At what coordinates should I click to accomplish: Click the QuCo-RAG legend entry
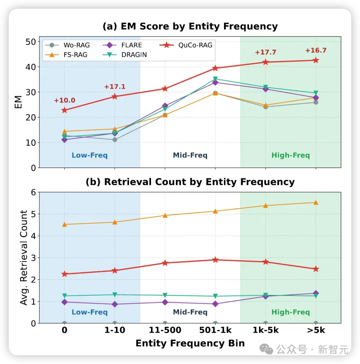pyautogui.click(x=186, y=45)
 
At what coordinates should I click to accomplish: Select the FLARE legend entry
pyautogui.click(x=122, y=45)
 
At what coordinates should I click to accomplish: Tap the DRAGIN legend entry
pyautogui.click(x=125, y=55)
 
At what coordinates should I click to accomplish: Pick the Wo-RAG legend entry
pyautogui.click(x=67, y=45)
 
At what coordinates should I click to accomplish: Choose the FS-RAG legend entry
pyautogui.click(x=66, y=55)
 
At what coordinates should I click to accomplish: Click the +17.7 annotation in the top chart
pyautogui.click(x=265, y=52)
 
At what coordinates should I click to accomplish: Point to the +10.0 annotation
pyautogui.click(x=65, y=100)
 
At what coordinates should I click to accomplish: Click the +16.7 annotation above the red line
pyautogui.click(x=316, y=50)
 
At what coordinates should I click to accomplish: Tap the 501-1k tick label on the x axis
pyautogui.click(x=215, y=330)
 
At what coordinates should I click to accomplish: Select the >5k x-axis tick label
pyautogui.click(x=316, y=330)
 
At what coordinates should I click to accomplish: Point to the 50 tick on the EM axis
pyautogui.click(x=31, y=42)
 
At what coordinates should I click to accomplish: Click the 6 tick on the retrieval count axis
pyautogui.click(x=33, y=192)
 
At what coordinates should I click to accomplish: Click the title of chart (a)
pyautogui.click(x=190, y=26)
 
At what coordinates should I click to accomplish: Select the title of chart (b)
pyautogui.click(x=190, y=182)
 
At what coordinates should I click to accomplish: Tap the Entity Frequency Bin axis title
pyautogui.click(x=190, y=343)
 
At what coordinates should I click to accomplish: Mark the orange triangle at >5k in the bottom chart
pyautogui.click(x=316, y=202)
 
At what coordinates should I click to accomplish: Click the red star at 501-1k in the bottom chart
pyautogui.click(x=215, y=259)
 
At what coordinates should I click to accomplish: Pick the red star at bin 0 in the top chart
pyautogui.click(x=65, y=110)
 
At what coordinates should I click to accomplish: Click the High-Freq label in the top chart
pyautogui.click(x=291, y=155)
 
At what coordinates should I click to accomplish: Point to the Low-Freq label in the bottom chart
pyautogui.click(x=89, y=312)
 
